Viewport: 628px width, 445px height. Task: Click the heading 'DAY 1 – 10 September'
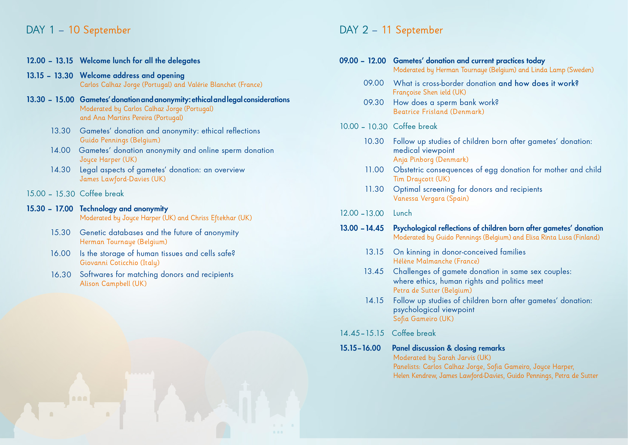tap(78, 30)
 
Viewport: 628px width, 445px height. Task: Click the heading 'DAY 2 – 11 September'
tap(391, 30)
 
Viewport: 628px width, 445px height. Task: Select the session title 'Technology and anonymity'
tap(124, 209)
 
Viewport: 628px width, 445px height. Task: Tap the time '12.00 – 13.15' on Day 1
tap(50, 61)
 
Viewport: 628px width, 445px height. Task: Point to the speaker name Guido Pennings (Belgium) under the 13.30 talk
tap(120, 140)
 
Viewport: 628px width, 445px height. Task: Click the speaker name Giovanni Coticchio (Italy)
tap(120, 263)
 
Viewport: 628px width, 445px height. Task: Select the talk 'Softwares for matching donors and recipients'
tap(157, 274)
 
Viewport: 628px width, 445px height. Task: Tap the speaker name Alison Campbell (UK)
tap(113, 284)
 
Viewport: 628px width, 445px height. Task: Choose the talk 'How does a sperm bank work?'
tap(446, 102)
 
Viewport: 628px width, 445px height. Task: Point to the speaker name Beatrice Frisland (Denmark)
tap(439, 112)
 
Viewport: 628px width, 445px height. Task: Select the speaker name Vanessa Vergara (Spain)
tap(431, 198)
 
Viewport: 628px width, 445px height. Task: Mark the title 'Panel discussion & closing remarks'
tap(448, 348)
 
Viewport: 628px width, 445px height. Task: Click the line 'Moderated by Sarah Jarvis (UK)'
tap(442, 358)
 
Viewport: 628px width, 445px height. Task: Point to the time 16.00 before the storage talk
tap(61, 253)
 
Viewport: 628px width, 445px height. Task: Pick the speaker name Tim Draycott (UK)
tap(422, 179)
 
